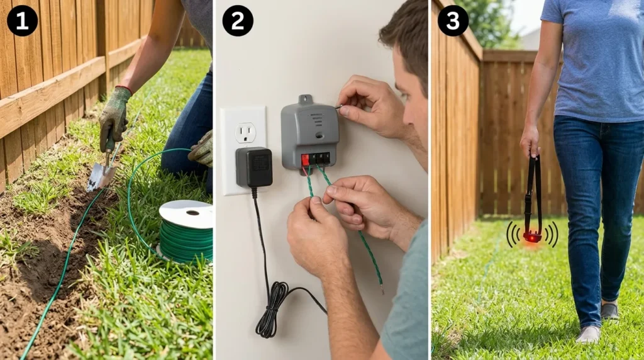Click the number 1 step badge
coord(22,21)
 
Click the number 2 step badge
coord(238,21)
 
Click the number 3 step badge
coord(453,21)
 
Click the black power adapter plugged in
coord(253,167)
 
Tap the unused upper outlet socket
coord(245,132)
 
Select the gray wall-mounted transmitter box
coord(309,132)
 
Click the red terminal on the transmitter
coord(306,160)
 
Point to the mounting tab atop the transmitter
coord(306,99)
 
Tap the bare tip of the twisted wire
coord(382,289)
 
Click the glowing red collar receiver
coord(532,237)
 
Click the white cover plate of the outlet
coord(243,183)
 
